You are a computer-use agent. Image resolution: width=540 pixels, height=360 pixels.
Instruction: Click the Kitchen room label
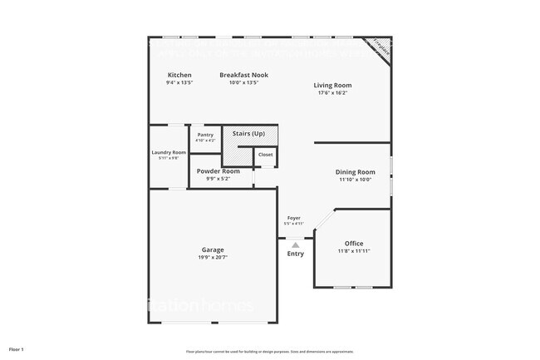pos(179,75)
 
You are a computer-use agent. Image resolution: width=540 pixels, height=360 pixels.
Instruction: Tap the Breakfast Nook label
pos(244,75)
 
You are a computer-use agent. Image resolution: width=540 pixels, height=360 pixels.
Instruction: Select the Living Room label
pos(332,85)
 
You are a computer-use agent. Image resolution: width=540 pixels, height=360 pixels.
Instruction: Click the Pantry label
pos(205,135)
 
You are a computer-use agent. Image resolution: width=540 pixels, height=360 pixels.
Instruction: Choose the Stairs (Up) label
pos(248,133)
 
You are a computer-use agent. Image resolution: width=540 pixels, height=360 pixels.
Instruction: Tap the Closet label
pos(265,155)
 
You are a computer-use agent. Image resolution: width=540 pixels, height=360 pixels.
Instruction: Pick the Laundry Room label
pos(169,152)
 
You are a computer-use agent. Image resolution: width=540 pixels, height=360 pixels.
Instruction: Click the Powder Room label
pos(218,171)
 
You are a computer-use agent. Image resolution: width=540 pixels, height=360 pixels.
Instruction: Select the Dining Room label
pos(355,172)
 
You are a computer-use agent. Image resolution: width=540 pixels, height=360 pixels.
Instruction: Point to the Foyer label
pos(294,218)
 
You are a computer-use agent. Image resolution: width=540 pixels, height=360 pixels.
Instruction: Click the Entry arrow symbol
pos(295,244)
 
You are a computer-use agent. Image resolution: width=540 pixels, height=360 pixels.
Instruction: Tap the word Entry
pos(295,254)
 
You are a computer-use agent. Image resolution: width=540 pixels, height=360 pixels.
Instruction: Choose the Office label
pos(354,244)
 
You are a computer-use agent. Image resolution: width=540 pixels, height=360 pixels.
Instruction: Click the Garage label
pos(213,250)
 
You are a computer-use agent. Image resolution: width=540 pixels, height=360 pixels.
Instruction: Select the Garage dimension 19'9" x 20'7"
pos(213,258)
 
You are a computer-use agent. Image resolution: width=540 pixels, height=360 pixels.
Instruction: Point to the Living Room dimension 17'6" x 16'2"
pos(332,92)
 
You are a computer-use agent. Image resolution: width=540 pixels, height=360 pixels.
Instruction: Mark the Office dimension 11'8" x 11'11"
pos(354,251)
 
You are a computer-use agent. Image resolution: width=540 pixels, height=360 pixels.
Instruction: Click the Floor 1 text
pos(17,349)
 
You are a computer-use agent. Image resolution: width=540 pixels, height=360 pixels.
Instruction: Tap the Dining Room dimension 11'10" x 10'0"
pos(355,180)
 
